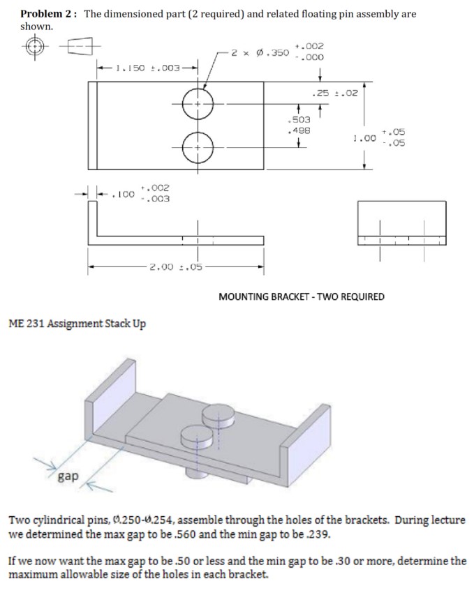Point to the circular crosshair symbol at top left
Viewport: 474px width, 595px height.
coord(33,46)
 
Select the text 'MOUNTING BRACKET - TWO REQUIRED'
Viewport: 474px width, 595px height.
coord(302,296)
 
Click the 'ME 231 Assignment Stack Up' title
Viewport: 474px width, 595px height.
coord(77,324)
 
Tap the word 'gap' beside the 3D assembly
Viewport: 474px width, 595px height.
coord(68,476)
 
